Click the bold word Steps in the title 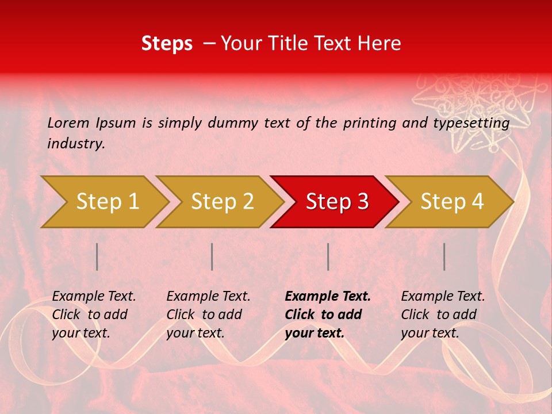pos(167,44)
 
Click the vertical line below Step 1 pos(97,256)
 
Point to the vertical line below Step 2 pos(212,256)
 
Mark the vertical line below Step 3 pos(328,256)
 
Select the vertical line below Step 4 pos(444,256)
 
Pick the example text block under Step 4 pos(443,315)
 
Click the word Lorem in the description pos(68,122)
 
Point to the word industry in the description pos(75,144)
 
